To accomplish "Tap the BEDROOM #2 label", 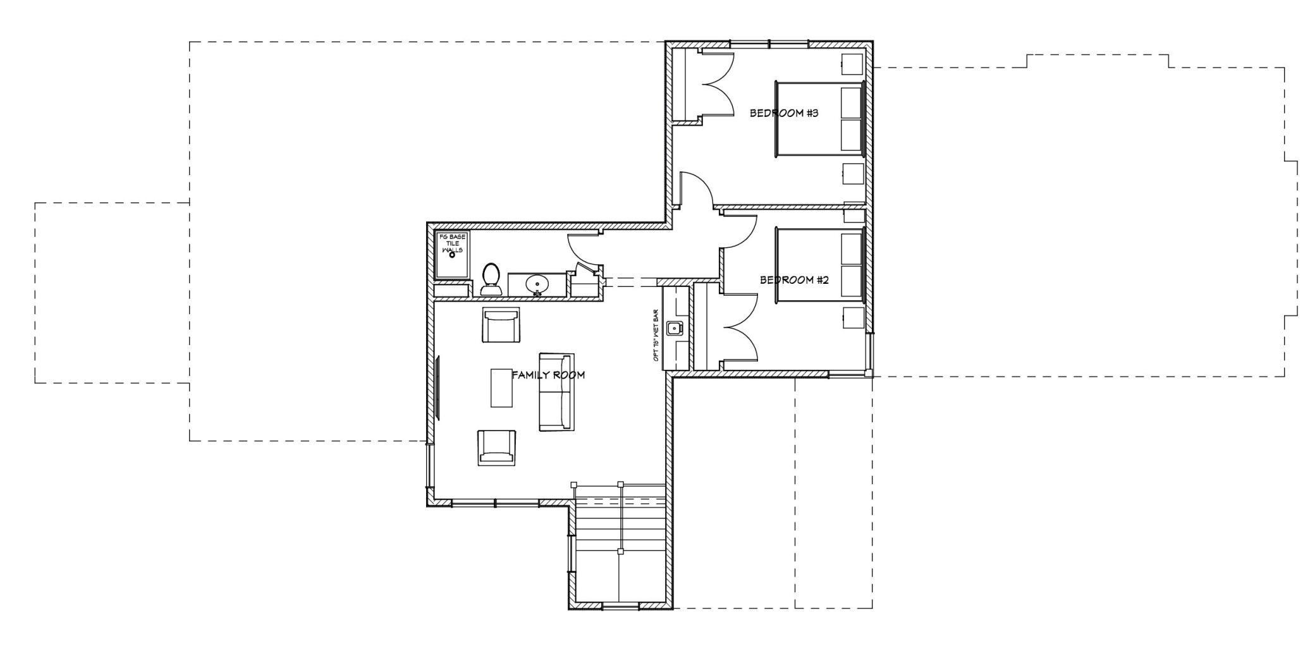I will pos(793,280).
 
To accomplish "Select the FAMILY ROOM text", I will pos(548,375).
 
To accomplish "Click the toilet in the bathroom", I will pos(491,280).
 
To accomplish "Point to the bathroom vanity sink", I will pos(537,284).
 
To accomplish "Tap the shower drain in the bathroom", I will pos(452,255).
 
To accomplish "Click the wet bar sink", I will pos(675,327).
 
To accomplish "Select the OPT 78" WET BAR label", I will pos(656,336).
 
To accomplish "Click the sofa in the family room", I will pos(556,392).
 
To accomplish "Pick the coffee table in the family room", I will pos(502,387).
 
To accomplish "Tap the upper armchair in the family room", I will pos(501,325).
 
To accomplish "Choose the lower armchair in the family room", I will pos(496,448).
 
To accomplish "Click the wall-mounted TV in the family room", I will pos(437,387).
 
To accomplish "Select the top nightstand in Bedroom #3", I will pos(852,64).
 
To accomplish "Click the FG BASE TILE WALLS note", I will pos(452,243).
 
